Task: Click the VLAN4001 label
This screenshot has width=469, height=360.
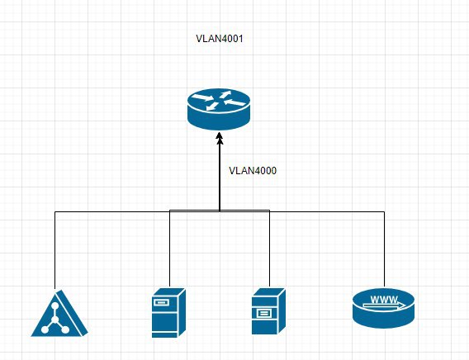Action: click(220, 39)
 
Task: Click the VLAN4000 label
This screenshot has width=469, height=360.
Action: click(253, 171)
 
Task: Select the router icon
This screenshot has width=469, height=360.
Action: click(219, 109)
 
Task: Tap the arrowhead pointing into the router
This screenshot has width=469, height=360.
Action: click(220, 137)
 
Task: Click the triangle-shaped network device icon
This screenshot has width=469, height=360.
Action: click(59, 314)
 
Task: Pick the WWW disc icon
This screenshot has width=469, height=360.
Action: click(383, 308)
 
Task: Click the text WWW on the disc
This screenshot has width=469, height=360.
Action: click(384, 299)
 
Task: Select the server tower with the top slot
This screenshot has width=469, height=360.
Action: click(168, 313)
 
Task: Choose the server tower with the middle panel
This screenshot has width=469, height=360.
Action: click(268, 311)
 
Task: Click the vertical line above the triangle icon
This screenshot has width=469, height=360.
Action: click(55, 250)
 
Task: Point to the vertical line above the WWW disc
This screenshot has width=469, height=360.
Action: click(384, 249)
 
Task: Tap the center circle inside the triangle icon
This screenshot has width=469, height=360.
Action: click(55, 320)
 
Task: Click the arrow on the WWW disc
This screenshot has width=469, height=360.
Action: click(384, 306)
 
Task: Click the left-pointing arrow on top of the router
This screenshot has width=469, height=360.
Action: click(235, 103)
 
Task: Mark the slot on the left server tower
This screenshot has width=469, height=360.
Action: click(161, 302)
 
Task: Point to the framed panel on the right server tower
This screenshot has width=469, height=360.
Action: click(264, 314)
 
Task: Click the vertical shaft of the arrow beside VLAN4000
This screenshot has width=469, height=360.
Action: click(220, 177)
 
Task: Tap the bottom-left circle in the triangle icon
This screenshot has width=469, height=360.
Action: click(45, 329)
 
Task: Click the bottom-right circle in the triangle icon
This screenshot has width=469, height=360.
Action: click(65, 329)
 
